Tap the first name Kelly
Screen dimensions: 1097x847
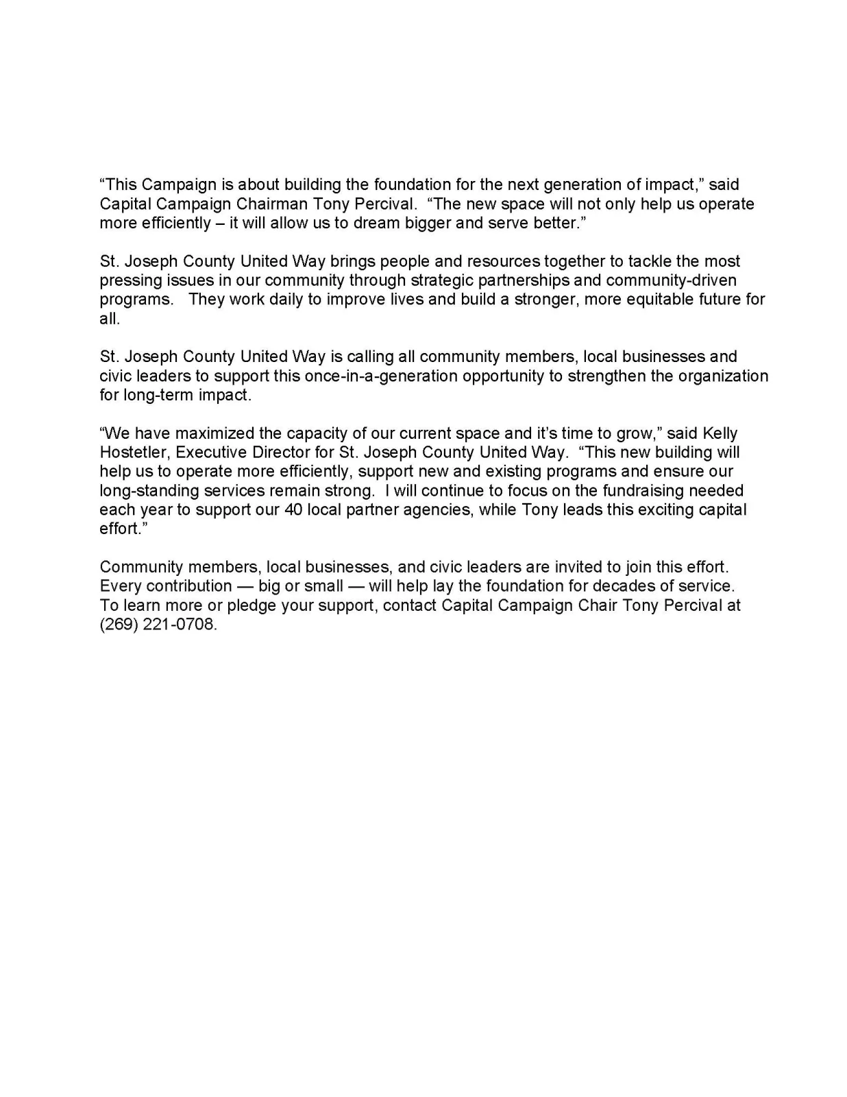click(x=720, y=434)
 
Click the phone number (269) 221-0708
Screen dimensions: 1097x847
click(x=158, y=625)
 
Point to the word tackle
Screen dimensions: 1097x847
click(x=650, y=261)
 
